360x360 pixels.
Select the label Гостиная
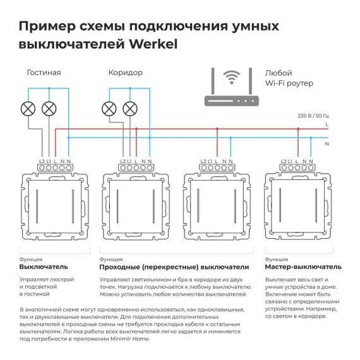(44, 73)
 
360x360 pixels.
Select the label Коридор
(125, 73)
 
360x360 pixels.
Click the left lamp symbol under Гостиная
(29, 109)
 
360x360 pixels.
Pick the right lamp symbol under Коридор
(130, 109)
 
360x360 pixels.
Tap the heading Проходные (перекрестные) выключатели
(174, 267)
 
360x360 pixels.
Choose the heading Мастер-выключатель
(303, 267)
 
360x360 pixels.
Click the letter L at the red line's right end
(327, 126)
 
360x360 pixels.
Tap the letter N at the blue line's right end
(327, 144)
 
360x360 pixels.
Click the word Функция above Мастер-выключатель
(277, 259)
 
